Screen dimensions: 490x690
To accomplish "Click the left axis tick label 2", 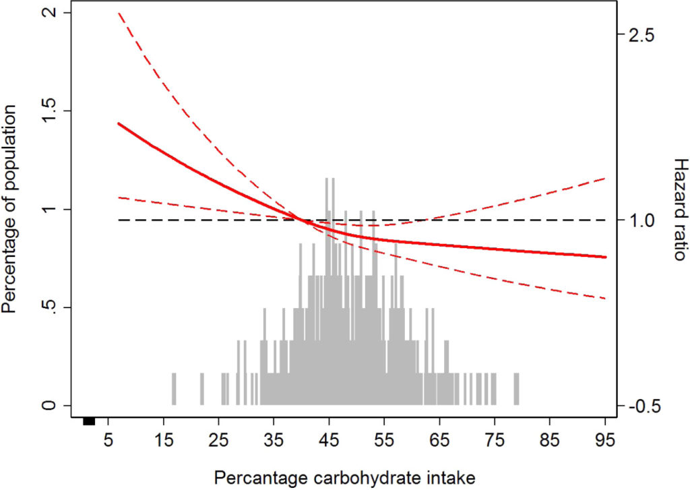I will click(x=48, y=13).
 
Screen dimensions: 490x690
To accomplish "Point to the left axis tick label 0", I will click(x=48, y=406).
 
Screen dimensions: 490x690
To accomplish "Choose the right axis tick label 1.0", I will click(x=645, y=220).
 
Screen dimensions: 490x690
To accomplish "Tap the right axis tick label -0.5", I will click(x=645, y=406).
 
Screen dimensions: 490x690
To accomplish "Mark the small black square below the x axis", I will click(x=88, y=421).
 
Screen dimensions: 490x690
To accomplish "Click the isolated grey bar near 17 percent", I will click(x=174, y=389).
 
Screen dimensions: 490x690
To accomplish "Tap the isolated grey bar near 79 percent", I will click(x=517, y=389).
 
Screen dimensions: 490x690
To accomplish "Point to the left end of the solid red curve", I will click(x=119, y=123).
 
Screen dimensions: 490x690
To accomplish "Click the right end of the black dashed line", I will click(x=605, y=220).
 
